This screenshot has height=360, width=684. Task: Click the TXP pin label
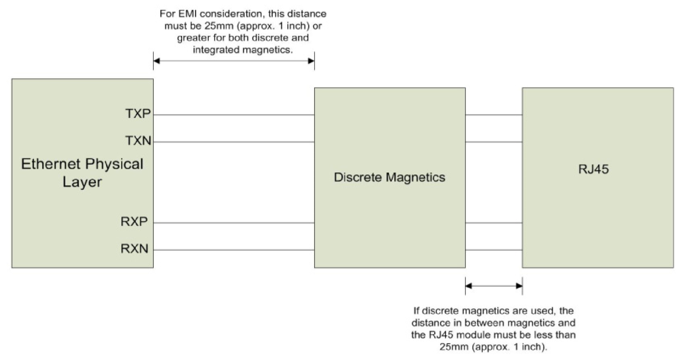pos(138,113)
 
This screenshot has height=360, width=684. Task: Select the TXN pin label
pos(138,141)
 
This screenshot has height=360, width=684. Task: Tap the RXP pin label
pos(134,222)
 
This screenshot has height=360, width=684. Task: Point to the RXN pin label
pos(134,248)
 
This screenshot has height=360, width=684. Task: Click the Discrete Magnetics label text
pos(389,177)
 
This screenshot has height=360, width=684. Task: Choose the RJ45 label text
pos(593,169)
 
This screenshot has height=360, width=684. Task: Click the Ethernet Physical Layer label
pos(82,173)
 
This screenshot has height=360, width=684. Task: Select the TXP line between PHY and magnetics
pos(234,115)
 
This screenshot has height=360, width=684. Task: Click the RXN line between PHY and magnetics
pos(234,250)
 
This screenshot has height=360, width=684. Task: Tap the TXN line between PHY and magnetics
pos(234,142)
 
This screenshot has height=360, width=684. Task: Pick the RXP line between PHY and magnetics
pos(234,223)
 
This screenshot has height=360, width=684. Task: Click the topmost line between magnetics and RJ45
pos(493,115)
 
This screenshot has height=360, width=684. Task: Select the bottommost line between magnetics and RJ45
pos(493,250)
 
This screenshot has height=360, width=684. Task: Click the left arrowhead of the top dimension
pos(157,61)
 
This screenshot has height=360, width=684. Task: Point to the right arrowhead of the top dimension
pos(311,61)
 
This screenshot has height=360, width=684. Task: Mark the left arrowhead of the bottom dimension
pos(469,286)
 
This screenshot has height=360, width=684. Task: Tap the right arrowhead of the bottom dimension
pos(519,286)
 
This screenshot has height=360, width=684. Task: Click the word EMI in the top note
pos(187,14)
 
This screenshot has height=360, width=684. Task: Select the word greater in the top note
pos(193,38)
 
